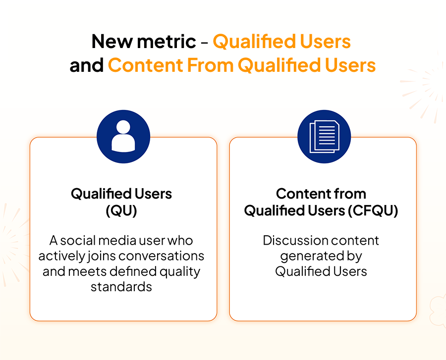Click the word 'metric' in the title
point(167,42)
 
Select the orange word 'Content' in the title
point(145,65)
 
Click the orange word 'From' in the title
point(210,65)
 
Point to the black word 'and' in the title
point(86,65)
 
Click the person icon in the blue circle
point(123,136)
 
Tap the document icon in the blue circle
point(324,136)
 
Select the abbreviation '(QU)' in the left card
point(121,210)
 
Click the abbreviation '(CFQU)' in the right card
point(374,210)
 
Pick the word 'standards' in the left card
point(121,287)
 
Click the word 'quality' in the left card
point(180,272)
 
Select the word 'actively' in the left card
point(62,257)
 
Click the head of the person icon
point(123,127)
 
